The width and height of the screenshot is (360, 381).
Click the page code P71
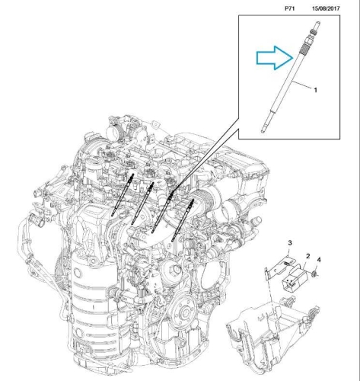point(289,8)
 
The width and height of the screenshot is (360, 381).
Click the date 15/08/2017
point(326,8)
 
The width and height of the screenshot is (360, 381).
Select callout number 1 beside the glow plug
point(316,90)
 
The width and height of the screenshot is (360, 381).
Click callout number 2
point(307,256)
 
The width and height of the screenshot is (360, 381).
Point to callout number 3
point(290,243)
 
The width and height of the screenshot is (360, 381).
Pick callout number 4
point(319,260)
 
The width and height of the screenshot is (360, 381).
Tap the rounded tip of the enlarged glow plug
point(263,131)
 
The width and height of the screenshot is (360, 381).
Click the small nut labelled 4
point(314,274)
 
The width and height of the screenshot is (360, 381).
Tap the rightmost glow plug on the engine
point(183,220)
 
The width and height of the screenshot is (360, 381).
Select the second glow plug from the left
point(142,203)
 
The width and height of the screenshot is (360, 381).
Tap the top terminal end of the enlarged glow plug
point(317,24)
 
